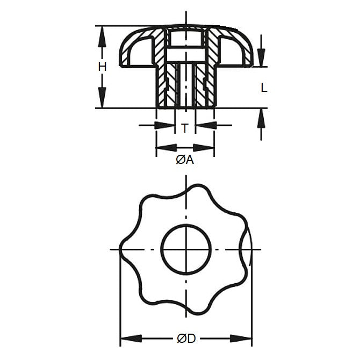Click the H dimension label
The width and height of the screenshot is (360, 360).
point(102,67)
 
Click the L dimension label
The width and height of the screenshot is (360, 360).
point(263,88)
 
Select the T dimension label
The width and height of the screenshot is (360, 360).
point(185,128)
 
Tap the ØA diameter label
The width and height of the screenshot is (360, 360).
point(185,160)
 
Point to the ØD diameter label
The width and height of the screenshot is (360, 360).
point(186,339)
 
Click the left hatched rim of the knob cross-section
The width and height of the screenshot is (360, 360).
point(131,51)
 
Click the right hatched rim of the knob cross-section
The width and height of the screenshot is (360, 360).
point(240,51)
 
